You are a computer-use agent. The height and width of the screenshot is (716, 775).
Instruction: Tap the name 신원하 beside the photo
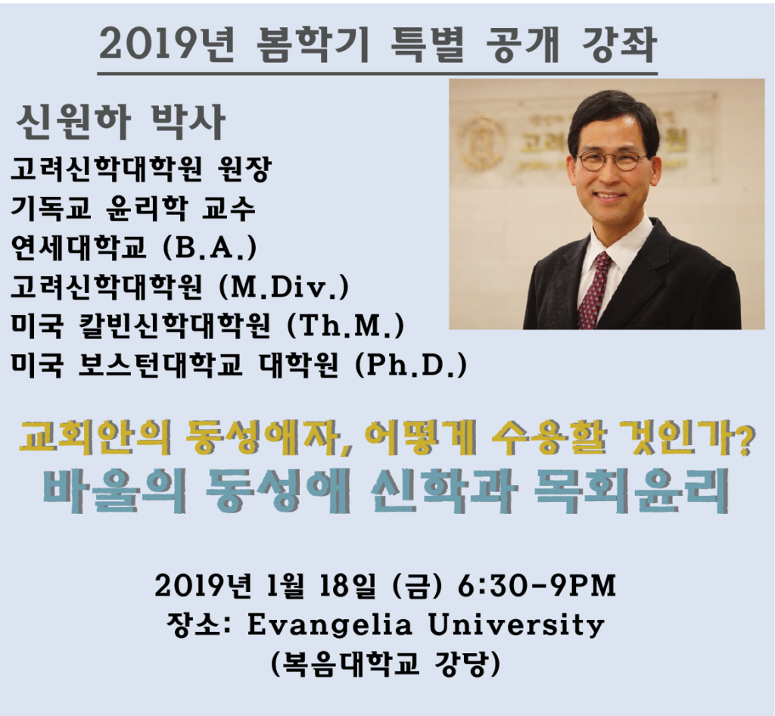(x=73, y=122)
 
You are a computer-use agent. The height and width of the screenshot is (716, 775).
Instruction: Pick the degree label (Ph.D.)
(x=411, y=365)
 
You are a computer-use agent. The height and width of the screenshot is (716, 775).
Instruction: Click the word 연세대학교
(x=79, y=247)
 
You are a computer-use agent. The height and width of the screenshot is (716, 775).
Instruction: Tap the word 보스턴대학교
(x=160, y=365)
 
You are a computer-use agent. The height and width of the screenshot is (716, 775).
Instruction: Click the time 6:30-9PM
(x=537, y=586)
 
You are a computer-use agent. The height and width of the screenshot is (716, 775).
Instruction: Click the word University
(x=516, y=626)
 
